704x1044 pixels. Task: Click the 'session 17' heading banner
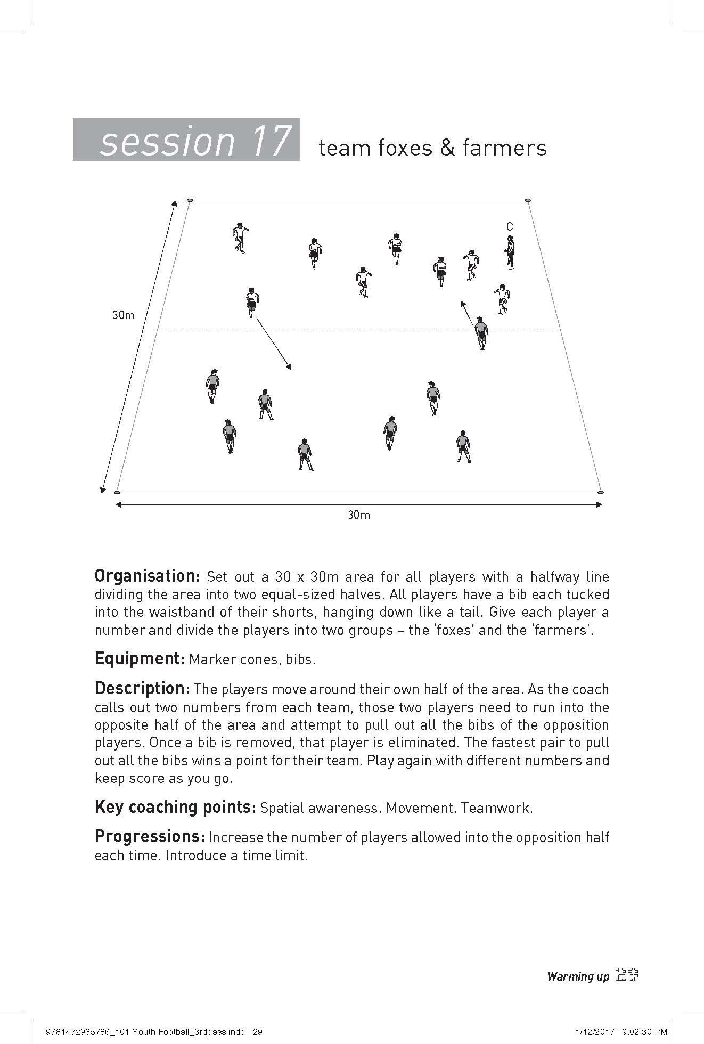tap(186, 140)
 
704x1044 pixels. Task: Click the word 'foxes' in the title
tap(400, 148)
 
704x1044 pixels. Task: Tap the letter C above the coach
tap(510, 227)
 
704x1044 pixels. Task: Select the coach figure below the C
tap(510, 252)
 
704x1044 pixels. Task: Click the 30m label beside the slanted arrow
tap(124, 315)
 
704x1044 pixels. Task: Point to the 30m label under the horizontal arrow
tap(358, 515)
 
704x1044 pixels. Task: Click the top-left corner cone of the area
tap(190, 200)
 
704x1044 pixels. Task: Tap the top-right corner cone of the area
tap(528, 200)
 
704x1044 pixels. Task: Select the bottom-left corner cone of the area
tap(118, 492)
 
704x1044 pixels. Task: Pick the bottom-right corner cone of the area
tap(601, 492)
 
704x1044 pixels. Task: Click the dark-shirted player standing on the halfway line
tap(481, 332)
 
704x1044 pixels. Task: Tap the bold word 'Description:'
tap(142, 689)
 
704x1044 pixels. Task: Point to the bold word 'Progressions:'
tap(150, 837)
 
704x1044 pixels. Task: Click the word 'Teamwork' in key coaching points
tap(496, 808)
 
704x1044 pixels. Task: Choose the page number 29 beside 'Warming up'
tap(627, 975)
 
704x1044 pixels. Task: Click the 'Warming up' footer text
tap(578, 976)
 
